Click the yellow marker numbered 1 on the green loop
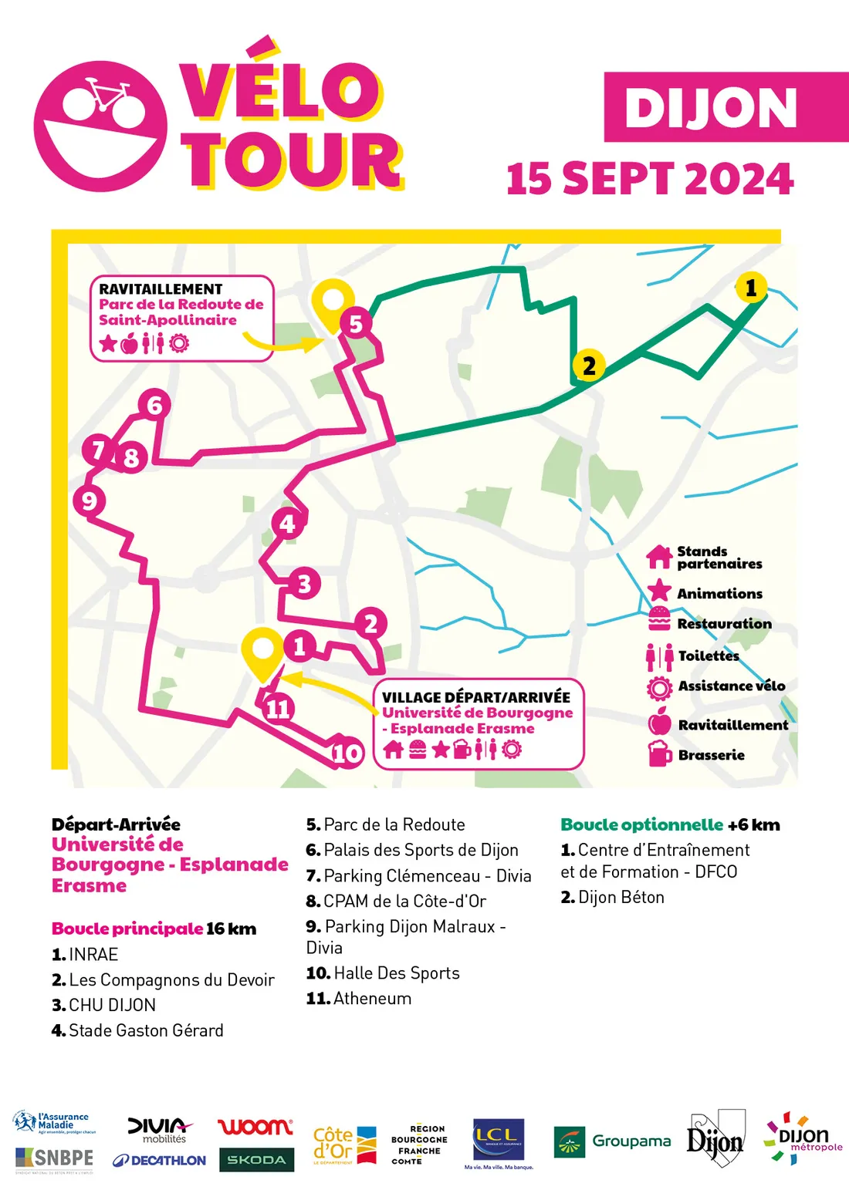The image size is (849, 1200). (x=751, y=288)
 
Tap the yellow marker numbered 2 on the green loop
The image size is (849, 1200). (x=589, y=365)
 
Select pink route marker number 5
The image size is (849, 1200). (x=355, y=323)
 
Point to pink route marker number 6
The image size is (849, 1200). (x=154, y=405)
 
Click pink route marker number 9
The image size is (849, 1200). (x=89, y=501)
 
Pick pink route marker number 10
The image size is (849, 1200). (x=347, y=752)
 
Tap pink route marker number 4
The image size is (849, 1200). (x=287, y=524)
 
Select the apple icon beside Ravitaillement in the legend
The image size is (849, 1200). (x=660, y=723)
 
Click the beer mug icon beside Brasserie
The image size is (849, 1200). (x=660, y=753)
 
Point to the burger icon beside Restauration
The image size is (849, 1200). (x=659, y=619)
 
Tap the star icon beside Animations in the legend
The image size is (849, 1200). (x=659, y=592)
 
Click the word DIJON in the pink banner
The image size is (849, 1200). (x=710, y=108)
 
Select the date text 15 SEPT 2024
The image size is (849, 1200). (x=650, y=179)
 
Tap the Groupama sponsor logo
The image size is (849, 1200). (x=612, y=1141)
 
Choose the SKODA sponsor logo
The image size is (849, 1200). (x=256, y=1160)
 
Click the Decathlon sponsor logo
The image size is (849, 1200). (x=159, y=1160)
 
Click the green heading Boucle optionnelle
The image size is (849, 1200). (x=642, y=824)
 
